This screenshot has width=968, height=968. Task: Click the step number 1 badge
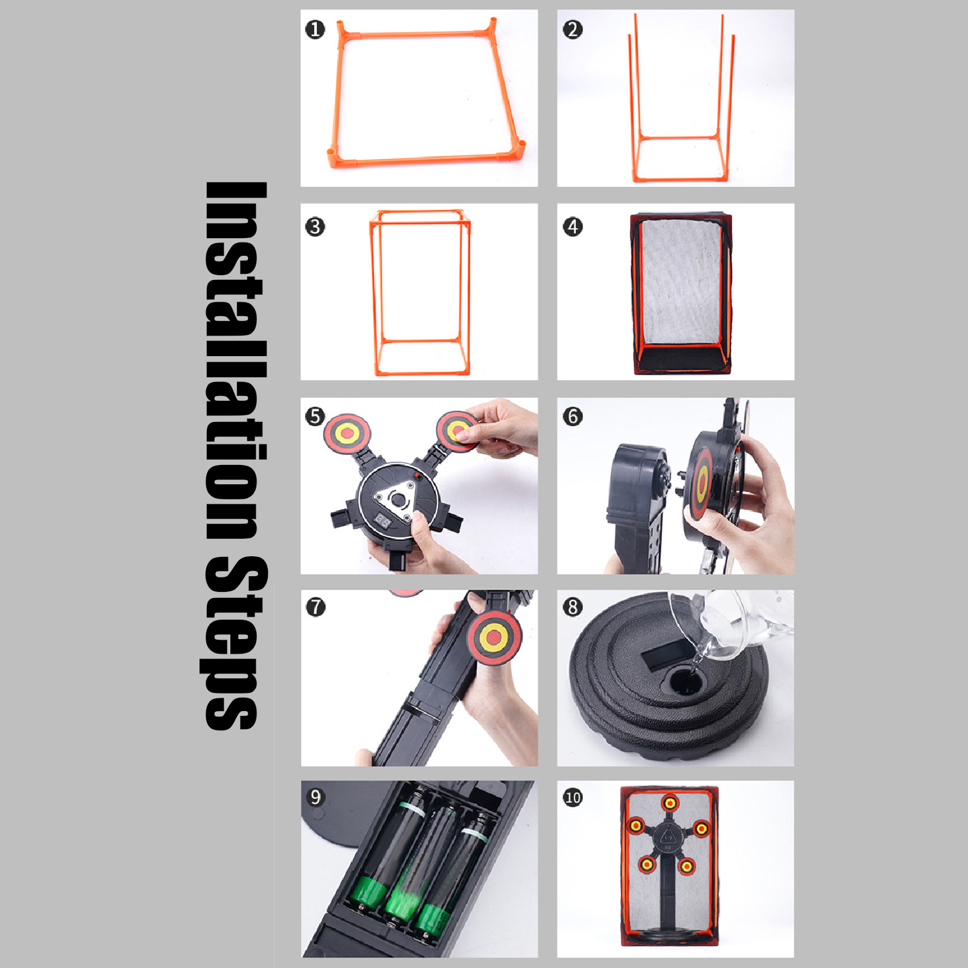(x=315, y=29)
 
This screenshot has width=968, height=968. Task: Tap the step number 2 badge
(x=573, y=29)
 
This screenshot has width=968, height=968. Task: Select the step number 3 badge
(x=315, y=227)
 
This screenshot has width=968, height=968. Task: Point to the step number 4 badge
(x=573, y=227)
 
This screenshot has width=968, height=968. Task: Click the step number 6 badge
(x=573, y=416)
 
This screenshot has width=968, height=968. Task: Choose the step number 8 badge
(x=573, y=607)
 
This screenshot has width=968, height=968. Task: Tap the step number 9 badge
(x=315, y=797)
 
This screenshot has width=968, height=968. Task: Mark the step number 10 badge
(x=573, y=797)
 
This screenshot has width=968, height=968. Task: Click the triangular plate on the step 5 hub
(x=394, y=499)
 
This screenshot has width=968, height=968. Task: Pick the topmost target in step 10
(x=670, y=803)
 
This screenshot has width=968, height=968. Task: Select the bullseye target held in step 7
(x=494, y=637)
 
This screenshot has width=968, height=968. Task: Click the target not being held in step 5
(x=347, y=432)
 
